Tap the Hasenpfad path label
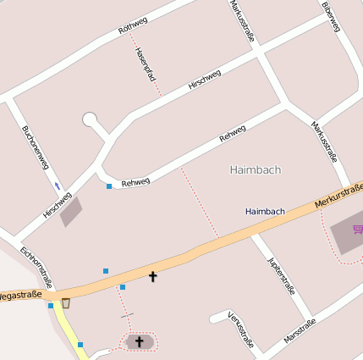146,64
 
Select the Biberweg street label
331,16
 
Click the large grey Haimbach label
255,169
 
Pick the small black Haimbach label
265,211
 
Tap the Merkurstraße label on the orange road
338,194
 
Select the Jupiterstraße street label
281,273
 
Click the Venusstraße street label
241,330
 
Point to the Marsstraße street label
300,330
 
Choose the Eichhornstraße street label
37,266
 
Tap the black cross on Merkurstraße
153,276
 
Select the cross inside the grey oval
140,341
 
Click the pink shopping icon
358,230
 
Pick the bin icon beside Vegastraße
66,302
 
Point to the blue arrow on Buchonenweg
58,186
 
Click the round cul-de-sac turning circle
91,119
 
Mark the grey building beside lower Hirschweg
72,211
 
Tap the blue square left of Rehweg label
109,186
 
